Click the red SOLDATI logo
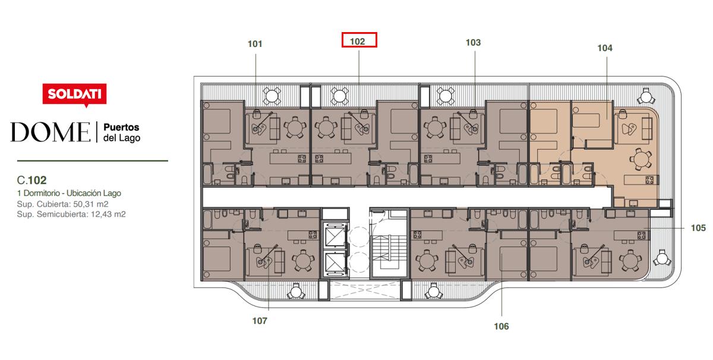(x=74, y=94)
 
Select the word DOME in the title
(x=51, y=132)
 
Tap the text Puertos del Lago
(x=122, y=132)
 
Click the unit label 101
(x=255, y=44)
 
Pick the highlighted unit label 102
(x=358, y=42)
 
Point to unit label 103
(x=473, y=42)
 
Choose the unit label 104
(x=605, y=48)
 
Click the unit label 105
(x=698, y=228)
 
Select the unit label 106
(x=501, y=326)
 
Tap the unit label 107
(x=260, y=321)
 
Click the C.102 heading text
(x=32, y=180)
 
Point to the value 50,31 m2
(x=91, y=204)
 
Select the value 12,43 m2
(x=108, y=214)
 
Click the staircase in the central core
(x=389, y=252)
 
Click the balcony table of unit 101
(x=272, y=96)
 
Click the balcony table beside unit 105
(x=662, y=258)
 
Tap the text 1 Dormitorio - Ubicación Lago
(x=69, y=193)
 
